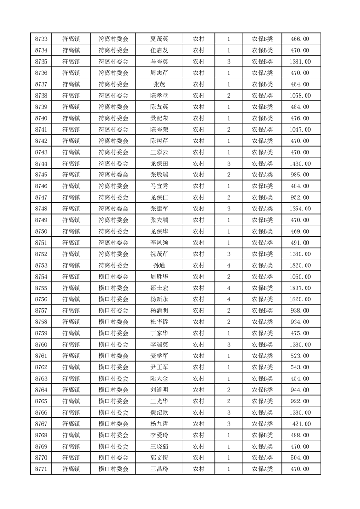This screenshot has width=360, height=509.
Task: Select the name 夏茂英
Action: [x=159, y=39]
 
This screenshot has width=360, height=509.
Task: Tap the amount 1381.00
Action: [x=300, y=62]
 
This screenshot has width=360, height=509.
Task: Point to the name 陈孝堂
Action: [x=159, y=96]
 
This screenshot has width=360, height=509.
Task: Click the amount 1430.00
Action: [x=300, y=164]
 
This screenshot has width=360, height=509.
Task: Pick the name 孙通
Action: [x=159, y=265]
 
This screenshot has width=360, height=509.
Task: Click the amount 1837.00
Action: [x=300, y=288]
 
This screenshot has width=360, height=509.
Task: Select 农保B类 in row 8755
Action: [x=262, y=288]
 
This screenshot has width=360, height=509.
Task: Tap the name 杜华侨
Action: [x=159, y=322]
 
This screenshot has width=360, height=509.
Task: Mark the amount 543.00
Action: [x=300, y=367]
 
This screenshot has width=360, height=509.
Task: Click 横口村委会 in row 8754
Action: [x=113, y=277]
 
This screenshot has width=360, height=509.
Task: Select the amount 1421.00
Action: [x=300, y=424]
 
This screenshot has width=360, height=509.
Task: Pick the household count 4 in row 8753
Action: [x=228, y=265]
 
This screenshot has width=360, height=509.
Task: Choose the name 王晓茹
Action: [x=159, y=446]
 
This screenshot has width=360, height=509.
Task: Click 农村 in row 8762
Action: [x=198, y=367]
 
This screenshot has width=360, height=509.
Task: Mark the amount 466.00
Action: [x=300, y=39]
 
